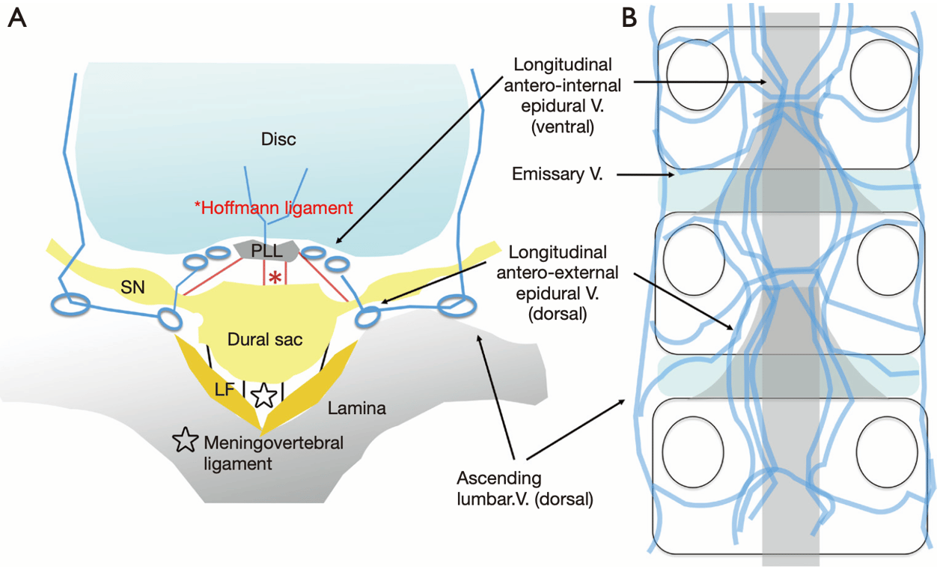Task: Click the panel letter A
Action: pos(17,18)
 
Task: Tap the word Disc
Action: pos(278,140)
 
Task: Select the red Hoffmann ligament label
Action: pos(274,207)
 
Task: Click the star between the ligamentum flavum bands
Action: pos(263,395)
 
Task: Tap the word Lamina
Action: pos(357,409)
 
